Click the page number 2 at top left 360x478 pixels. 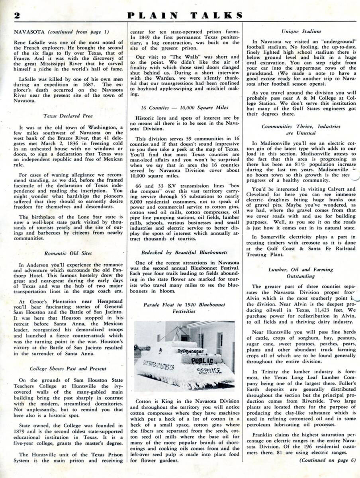[x=17, y=16]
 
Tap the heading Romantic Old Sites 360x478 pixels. [x=68, y=253]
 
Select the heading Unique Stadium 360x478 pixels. [x=301, y=31]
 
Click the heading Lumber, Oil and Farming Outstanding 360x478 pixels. [x=301, y=273]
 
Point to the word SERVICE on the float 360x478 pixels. [x=209, y=370]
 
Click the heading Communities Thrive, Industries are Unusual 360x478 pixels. [x=301, y=129]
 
